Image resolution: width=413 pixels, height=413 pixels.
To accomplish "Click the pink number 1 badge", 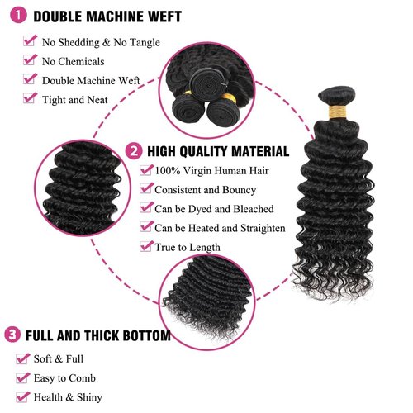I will (x=14, y=15).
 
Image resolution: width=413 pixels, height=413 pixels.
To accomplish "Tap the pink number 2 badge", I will (x=134, y=151).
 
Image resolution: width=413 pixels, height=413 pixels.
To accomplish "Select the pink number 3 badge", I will (x=12, y=335).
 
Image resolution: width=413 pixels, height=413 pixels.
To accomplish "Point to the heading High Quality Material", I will (x=218, y=152).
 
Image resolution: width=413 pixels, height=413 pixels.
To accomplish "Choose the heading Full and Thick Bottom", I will (x=97, y=336).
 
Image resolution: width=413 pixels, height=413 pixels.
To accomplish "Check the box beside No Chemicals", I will (x=31, y=60).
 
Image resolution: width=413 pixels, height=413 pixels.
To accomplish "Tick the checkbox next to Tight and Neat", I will (x=31, y=98).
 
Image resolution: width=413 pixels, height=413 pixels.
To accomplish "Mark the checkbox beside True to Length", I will (x=145, y=246).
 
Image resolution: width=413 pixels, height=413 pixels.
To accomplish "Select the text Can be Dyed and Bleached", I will (x=214, y=209).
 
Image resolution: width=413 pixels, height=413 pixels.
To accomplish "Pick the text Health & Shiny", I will (x=69, y=396).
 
